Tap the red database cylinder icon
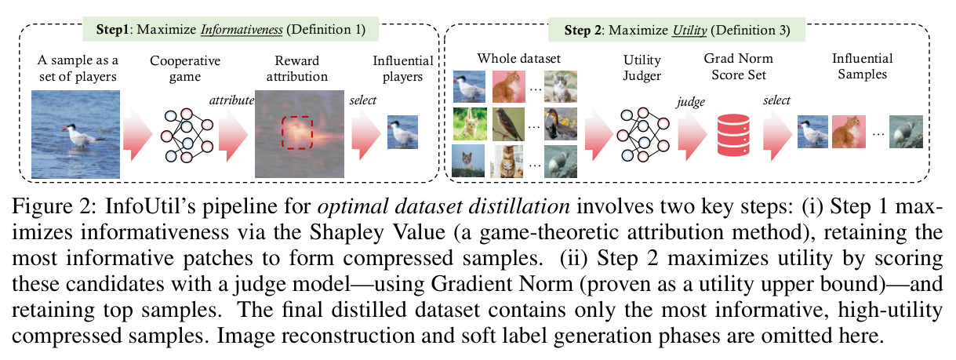click(x=733, y=135)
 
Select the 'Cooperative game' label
click(x=185, y=68)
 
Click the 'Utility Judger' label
click(x=642, y=67)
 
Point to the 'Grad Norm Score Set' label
click(x=738, y=67)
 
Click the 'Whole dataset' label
click(x=518, y=58)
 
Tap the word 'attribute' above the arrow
click(x=231, y=100)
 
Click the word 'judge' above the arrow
click(x=690, y=102)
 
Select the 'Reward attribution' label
click(x=297, y=68)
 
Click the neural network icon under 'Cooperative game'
click(x=187, y=136)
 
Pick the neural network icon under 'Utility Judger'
click(x=643, y=135)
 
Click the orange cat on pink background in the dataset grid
click(x=508, y=87)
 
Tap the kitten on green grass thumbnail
click(x=470, y=124)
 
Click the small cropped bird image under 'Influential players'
click(x=402, y=132)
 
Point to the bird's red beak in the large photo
click(x=65, y=128)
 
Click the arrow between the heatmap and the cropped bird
click(x=365, y=134)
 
